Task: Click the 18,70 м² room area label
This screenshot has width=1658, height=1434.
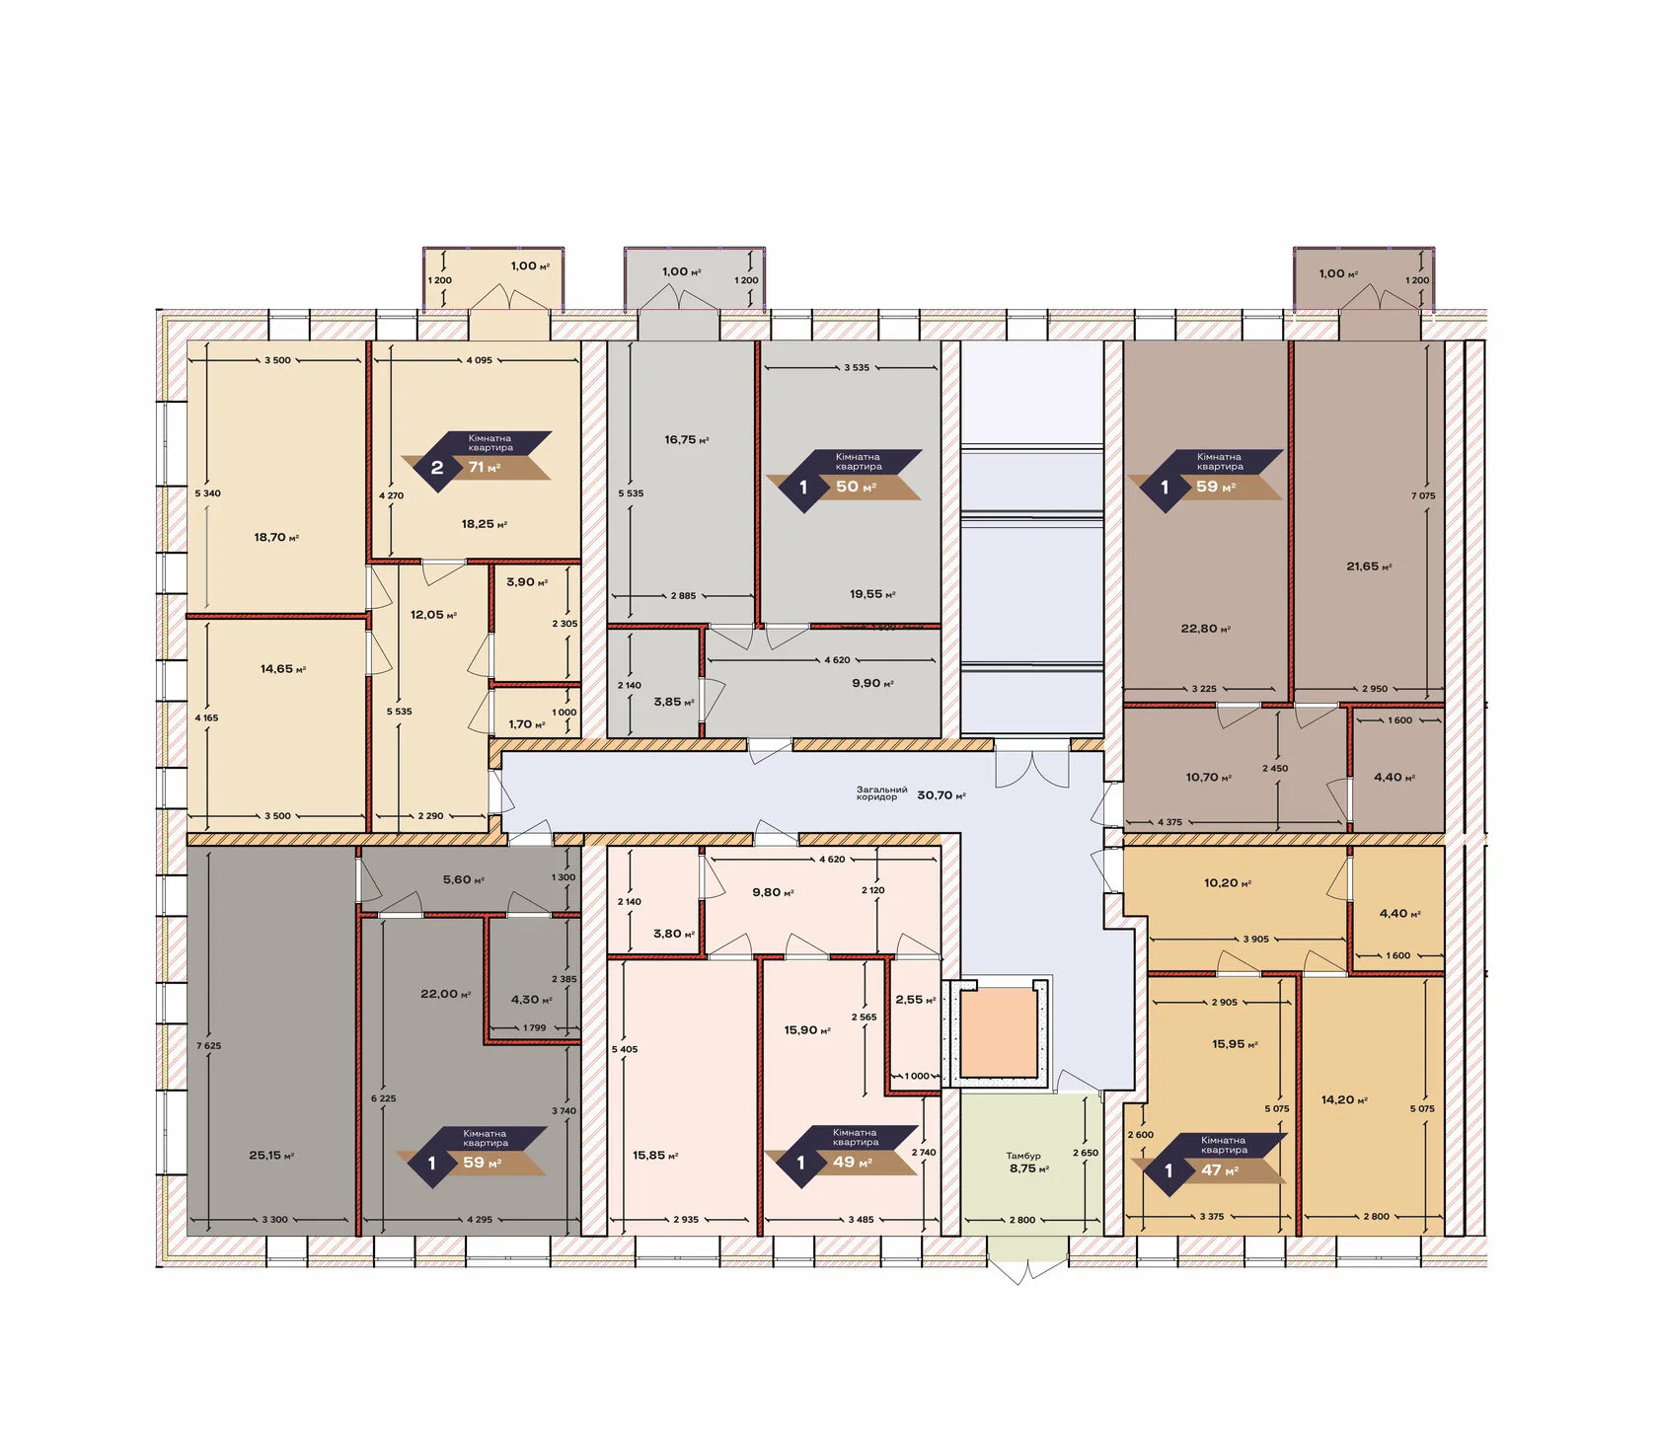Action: [x=276, y=538]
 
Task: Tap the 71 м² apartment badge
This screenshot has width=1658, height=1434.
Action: [x=477, y=457]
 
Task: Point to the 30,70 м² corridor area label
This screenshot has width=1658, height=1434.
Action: [x=942, y=795]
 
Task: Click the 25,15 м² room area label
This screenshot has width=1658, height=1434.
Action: [x=271, y=1156]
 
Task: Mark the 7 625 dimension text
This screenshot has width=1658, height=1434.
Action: [x=208, y=1046]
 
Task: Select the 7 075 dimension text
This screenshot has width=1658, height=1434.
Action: [x=1423, y=496]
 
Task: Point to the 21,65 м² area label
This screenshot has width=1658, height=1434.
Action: [x=1369, y=566]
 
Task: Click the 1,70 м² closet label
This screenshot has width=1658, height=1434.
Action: [x=527, y=724]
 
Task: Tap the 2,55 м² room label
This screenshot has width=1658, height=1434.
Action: [x=916, y=1000]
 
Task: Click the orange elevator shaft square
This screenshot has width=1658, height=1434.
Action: [x=998, y=1033]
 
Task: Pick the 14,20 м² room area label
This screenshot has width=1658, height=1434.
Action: [x=1344, y=1100]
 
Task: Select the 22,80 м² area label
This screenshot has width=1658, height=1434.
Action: [x=1205, y=629]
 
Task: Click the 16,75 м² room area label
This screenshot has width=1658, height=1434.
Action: [x=687, y=440]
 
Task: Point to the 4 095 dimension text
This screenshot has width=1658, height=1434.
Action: [x=479, y=360]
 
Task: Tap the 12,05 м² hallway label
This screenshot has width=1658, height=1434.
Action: [x=433, y=615]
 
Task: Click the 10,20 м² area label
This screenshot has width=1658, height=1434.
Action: [x=1228, y=883]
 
